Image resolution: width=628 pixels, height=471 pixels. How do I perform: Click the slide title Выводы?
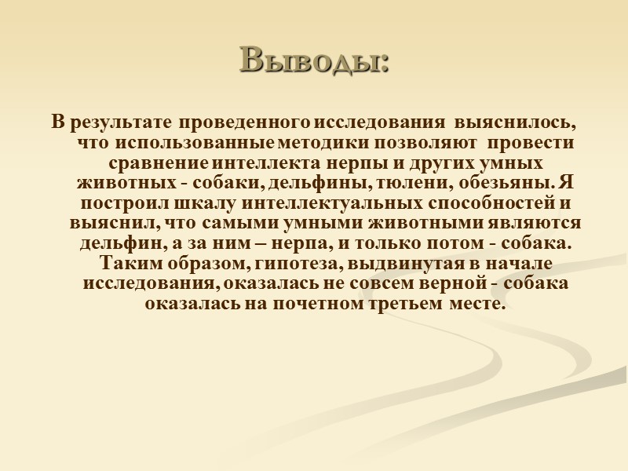point(314,60)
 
